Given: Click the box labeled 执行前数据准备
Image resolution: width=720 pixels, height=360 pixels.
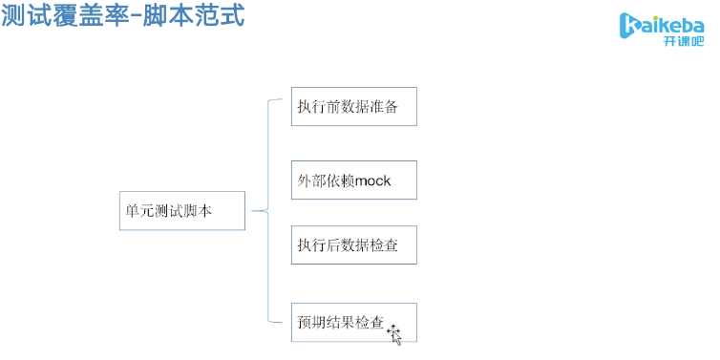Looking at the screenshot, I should click(354, 106).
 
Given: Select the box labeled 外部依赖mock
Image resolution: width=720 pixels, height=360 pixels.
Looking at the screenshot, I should click(354, 180).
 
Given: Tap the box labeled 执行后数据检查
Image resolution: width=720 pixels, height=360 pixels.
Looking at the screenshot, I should click(354, 245).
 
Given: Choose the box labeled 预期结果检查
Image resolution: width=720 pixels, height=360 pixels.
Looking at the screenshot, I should click(354, 325).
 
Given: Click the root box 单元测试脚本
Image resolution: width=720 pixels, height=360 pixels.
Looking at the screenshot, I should click(180, 210).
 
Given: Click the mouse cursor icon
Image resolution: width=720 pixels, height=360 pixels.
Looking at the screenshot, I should click(393, 332).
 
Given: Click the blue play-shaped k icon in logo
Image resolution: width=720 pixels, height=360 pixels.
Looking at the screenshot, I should click(629, 28).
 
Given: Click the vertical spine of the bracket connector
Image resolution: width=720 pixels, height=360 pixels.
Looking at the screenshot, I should click(268, 210).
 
